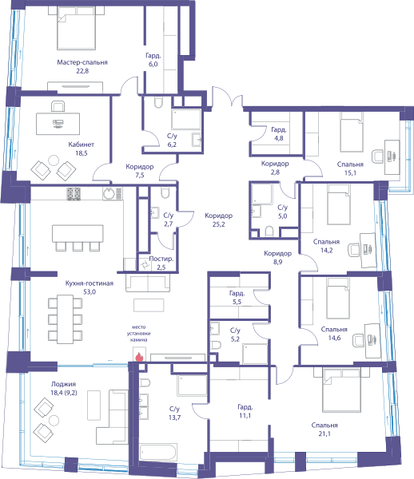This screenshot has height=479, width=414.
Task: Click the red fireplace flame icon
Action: [x=139, y=357]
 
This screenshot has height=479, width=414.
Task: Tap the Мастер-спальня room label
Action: [x=82, y=62]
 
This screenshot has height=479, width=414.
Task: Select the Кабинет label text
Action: [x=81, y=144]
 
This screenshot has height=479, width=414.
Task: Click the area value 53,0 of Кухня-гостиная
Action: [x=90, y=291]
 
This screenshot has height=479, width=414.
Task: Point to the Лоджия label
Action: [x=63, y=384]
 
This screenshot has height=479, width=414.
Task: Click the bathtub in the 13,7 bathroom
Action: [x=158, y=452]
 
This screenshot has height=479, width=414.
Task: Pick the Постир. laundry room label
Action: [x=161, y=259]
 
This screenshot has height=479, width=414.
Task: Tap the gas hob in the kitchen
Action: [x=74, y=194]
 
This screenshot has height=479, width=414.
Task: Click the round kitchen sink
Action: [x=109, y=194]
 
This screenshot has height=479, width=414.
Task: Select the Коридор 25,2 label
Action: [x=219, y=220]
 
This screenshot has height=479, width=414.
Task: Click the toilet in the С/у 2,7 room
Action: [x=165, y=192]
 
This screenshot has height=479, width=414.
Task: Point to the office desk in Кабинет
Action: [x=58, y=124]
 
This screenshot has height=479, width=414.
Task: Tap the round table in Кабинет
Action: [x=54, y=160]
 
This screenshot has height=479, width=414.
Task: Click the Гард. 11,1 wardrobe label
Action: [x=245, y=411]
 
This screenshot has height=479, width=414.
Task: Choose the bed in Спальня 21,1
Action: [x=341, y=390]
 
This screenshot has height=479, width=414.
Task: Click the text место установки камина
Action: [x=139, y=333]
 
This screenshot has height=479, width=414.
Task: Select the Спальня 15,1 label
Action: [x=350, y=168]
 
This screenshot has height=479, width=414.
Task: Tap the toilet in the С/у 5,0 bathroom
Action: [x=269, y=232]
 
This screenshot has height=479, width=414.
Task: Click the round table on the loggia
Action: [x=54, y=421]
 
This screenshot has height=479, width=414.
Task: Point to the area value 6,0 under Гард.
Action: [x=153, y=64]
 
